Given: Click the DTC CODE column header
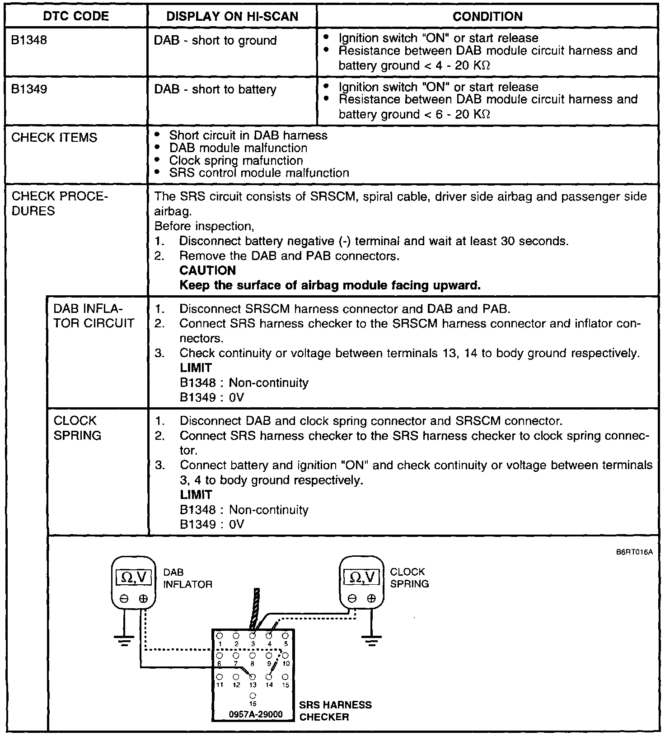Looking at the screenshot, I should (75, 17).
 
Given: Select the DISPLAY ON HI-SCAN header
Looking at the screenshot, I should (232, 17).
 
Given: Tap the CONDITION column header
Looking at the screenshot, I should (487, 17).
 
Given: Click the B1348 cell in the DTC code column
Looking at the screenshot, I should (29, 40).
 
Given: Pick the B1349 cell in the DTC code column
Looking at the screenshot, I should (29, 89).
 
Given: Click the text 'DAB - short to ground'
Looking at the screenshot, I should (215, 41).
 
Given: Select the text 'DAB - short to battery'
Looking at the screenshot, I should (215, 89).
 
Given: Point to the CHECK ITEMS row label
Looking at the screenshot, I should (54, 138).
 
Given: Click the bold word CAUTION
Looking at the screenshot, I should (207, 270).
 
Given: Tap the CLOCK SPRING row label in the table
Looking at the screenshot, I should (77, 428).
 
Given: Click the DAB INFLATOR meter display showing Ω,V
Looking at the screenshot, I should (134, 577).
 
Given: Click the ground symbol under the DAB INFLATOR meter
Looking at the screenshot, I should (124, 641).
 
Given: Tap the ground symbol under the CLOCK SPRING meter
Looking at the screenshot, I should (371, 641).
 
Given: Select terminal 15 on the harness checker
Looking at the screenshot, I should (285, 677).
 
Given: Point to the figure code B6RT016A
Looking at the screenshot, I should (634, 552).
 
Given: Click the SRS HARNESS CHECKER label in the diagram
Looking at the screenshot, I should (335, 711).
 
